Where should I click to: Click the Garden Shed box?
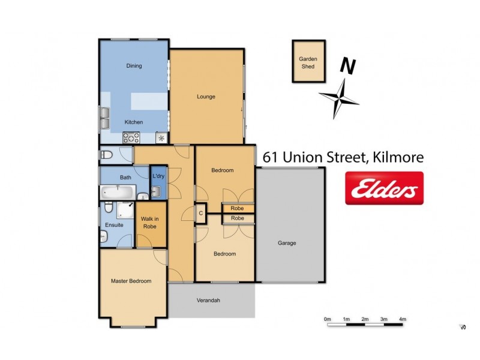308,62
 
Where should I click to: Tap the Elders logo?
384,188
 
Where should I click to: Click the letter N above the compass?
345,66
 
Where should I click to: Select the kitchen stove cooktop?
131,137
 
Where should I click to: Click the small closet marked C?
201,212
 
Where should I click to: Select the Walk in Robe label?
149,223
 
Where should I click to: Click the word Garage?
286,243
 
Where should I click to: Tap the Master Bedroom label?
131,281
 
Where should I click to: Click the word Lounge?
206,97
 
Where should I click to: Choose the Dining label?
134,66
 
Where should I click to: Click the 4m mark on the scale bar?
403,319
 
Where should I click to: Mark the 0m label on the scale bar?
327,319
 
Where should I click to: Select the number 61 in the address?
272,158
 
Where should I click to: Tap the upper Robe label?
238,208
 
